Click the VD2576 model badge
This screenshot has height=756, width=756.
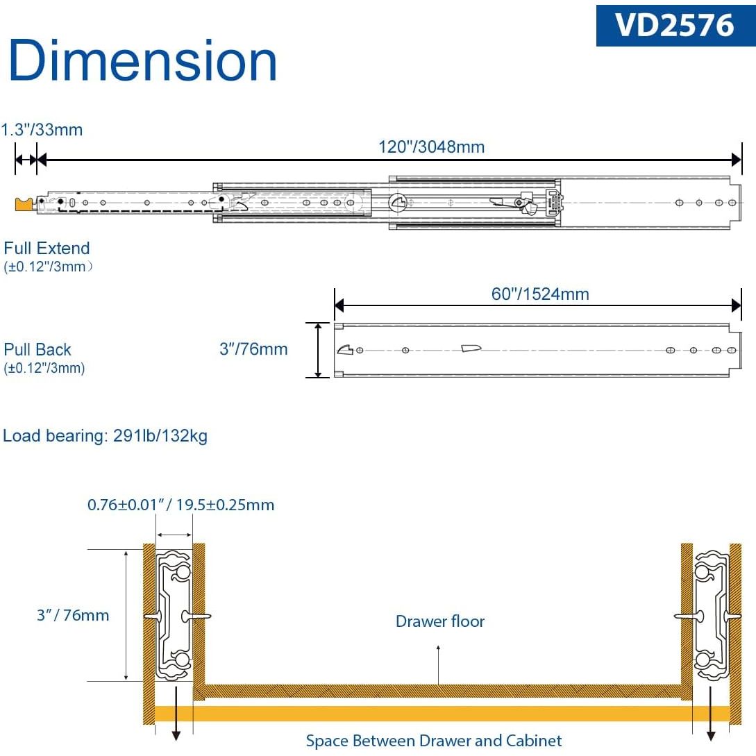pos(675,26)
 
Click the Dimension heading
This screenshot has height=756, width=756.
pos(143,60)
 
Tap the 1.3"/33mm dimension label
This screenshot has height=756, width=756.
pos(42,130)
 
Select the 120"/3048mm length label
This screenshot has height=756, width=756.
pos(432,146)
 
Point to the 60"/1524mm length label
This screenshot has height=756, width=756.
pos(540,294)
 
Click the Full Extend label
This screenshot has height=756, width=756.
pos(47,248)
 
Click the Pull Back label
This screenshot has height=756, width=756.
pos(37,349)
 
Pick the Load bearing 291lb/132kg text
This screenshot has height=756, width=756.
pos(105,435)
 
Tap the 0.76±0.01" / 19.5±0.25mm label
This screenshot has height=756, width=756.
pos(180,505)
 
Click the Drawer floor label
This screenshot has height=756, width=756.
pos(439,621)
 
